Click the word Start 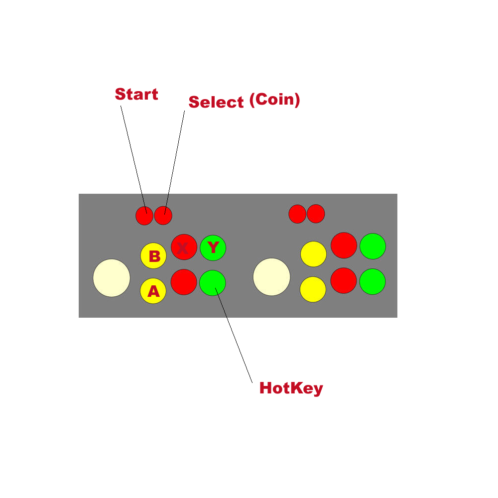coord(136,94)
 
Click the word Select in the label coord(216,102)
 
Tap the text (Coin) coord(274,100)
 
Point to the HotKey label coord(291,388)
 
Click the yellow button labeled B coord(153,255)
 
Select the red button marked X coord(184,247)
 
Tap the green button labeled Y coord(213,248)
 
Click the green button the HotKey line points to coord(213,283)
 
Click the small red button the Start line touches coord(144,216)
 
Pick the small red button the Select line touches coord(163,216)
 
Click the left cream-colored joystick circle coord(112,278)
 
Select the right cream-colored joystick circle coord(271,276)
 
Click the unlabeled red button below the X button coord(184,282)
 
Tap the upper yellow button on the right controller coord(313,254)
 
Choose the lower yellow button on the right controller coord(313,289)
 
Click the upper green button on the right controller coord(373,246)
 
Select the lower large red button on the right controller coord(344,280)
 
